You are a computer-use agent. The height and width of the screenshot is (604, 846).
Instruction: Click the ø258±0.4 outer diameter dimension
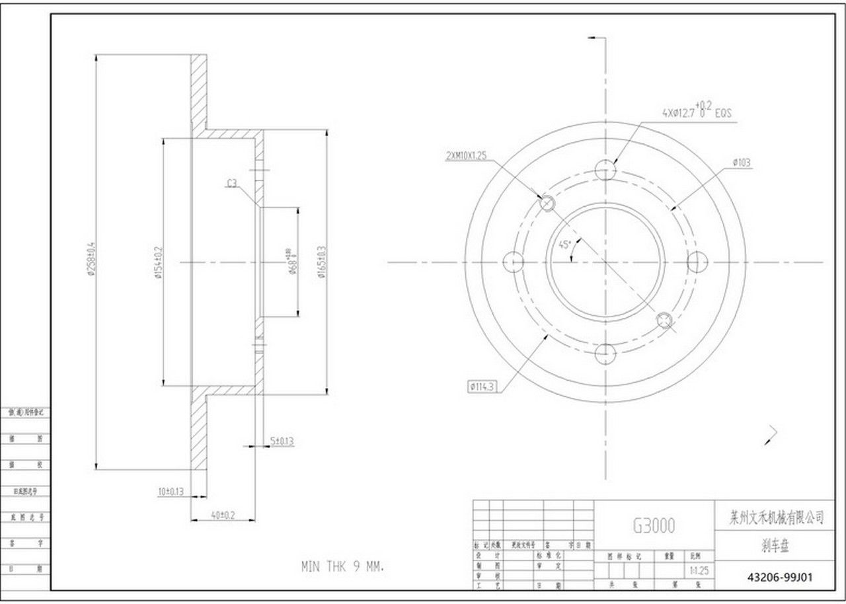tap(92, 262)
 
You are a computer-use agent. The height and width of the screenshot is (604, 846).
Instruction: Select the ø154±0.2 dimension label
tap(158, 262)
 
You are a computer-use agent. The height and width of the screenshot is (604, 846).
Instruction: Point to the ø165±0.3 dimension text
tap(321, 262)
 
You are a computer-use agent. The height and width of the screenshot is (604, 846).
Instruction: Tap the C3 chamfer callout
tap(232, 184)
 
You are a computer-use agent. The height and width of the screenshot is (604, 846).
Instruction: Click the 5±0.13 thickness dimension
tap(282, 441)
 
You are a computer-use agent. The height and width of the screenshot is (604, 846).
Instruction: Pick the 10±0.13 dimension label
tap(169, 492)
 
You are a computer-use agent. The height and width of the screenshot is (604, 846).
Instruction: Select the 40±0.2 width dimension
tap(223, 514)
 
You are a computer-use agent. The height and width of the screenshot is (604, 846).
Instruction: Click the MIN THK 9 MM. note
tap(342, 566)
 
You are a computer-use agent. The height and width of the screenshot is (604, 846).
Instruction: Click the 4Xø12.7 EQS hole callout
tap(696, 112)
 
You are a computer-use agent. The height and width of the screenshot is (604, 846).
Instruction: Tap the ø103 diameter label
tap(742, 162)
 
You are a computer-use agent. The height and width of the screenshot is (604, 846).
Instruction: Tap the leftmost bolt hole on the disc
tap(513, 262)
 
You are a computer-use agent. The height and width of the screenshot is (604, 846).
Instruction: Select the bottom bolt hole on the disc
tap(605, 354)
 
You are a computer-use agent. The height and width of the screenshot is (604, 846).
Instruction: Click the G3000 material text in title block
tap(654, 525)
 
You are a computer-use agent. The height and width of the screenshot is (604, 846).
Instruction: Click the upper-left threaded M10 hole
tap(547, 203)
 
